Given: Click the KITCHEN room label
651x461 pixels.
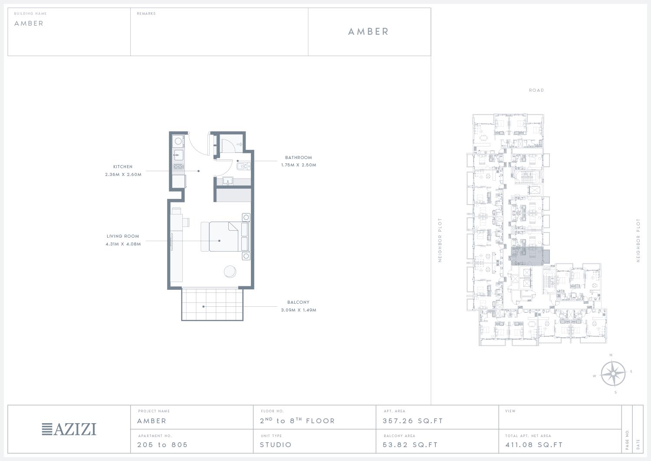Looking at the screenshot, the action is pyautogui.click(x=123, y=167).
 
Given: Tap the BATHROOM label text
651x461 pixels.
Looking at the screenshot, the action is pyautogui.click(x=299, y=157).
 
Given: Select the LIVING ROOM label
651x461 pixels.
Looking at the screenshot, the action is pyautogui.click(x=123, y=236).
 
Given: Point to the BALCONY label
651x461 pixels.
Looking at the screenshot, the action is pyautogui.click(x=298, y=302).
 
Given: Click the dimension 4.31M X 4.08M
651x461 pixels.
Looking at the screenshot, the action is pyautogui.click(x=123, y=244).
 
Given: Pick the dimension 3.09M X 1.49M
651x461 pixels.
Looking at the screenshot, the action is pyautogui.click(x=299, y=310).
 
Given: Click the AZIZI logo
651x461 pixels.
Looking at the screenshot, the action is pyautogui.click(x=69, y=429).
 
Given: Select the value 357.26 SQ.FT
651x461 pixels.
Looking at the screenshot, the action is pyautogui.click(x=413, y=421).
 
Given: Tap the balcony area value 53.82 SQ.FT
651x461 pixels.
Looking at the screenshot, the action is pyautogui.click(x=410, y=444).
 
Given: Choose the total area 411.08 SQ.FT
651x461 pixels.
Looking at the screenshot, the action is pyautogui.click(x=534, y=444).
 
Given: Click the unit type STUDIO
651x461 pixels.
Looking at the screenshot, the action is pyautogui.click(x=276, y=444).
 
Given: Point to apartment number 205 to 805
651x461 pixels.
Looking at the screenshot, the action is pyautogui.click(x=162, y=444).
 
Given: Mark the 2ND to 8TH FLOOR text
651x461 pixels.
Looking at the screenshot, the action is pyautogui.click(x=297, y=421).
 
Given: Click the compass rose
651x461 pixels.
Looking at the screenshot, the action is pyautogui.click(x=613, y=374).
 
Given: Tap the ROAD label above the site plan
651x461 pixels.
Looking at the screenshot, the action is pyautogui.click(x=536, y=90).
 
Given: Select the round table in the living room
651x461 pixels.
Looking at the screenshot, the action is pyautogui.click(x=230, y=272).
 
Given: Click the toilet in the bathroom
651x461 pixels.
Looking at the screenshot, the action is pyautogui.click(x=243, y=166).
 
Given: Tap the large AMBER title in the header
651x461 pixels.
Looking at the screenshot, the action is pyautogui.click(x=368, y=32).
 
